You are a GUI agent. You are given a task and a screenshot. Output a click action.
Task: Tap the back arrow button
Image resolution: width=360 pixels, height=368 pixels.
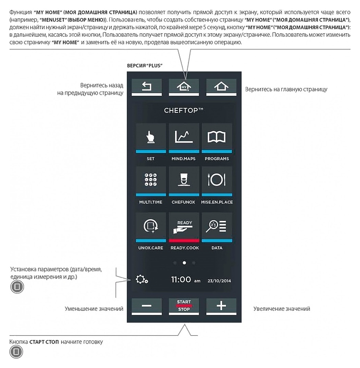pos(147,87)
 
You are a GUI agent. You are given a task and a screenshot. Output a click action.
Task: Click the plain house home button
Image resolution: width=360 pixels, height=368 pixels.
pos(221,87)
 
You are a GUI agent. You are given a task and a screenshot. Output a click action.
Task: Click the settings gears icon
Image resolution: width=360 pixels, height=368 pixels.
pos(141,280)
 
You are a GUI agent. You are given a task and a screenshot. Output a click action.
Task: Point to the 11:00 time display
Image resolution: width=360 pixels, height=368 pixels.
pos(181,280)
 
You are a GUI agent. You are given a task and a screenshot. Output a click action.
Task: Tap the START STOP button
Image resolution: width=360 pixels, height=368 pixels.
pos(184,306)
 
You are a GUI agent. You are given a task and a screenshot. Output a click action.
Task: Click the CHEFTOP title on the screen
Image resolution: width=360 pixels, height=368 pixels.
pos(184,110)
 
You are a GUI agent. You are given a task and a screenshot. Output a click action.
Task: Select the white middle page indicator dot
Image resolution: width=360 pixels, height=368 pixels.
pos(184,263)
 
